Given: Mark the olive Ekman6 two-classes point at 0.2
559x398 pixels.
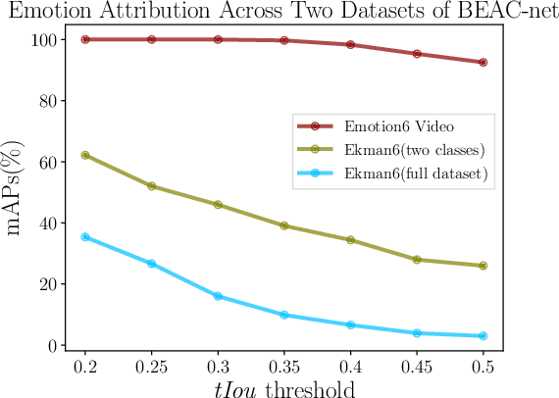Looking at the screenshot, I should click(x=85, y=155).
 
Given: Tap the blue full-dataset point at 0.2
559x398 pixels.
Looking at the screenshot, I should click(x=85, y=237).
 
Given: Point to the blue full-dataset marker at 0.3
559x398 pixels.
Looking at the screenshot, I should click(x=218, y=296).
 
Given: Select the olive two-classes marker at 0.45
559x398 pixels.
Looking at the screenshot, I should click(x=417, y=260).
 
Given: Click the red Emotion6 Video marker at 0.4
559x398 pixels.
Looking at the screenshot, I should click(x=350, y=45).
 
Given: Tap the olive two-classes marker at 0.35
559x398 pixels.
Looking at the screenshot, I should click(x=284, y=225).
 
